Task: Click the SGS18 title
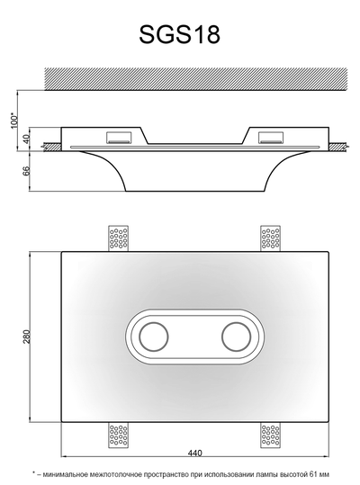click(x=179, y=34)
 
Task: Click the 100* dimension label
click(x=14, y=121)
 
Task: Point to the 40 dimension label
click(x=27, y=139)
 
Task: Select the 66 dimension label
click(x=27, y=171)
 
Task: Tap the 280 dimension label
click(x=27, y=337)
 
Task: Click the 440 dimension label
click(x=194, y=454)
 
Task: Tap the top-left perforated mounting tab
click(x=119, y=238)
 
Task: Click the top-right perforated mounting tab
click(x=271, y=238)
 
